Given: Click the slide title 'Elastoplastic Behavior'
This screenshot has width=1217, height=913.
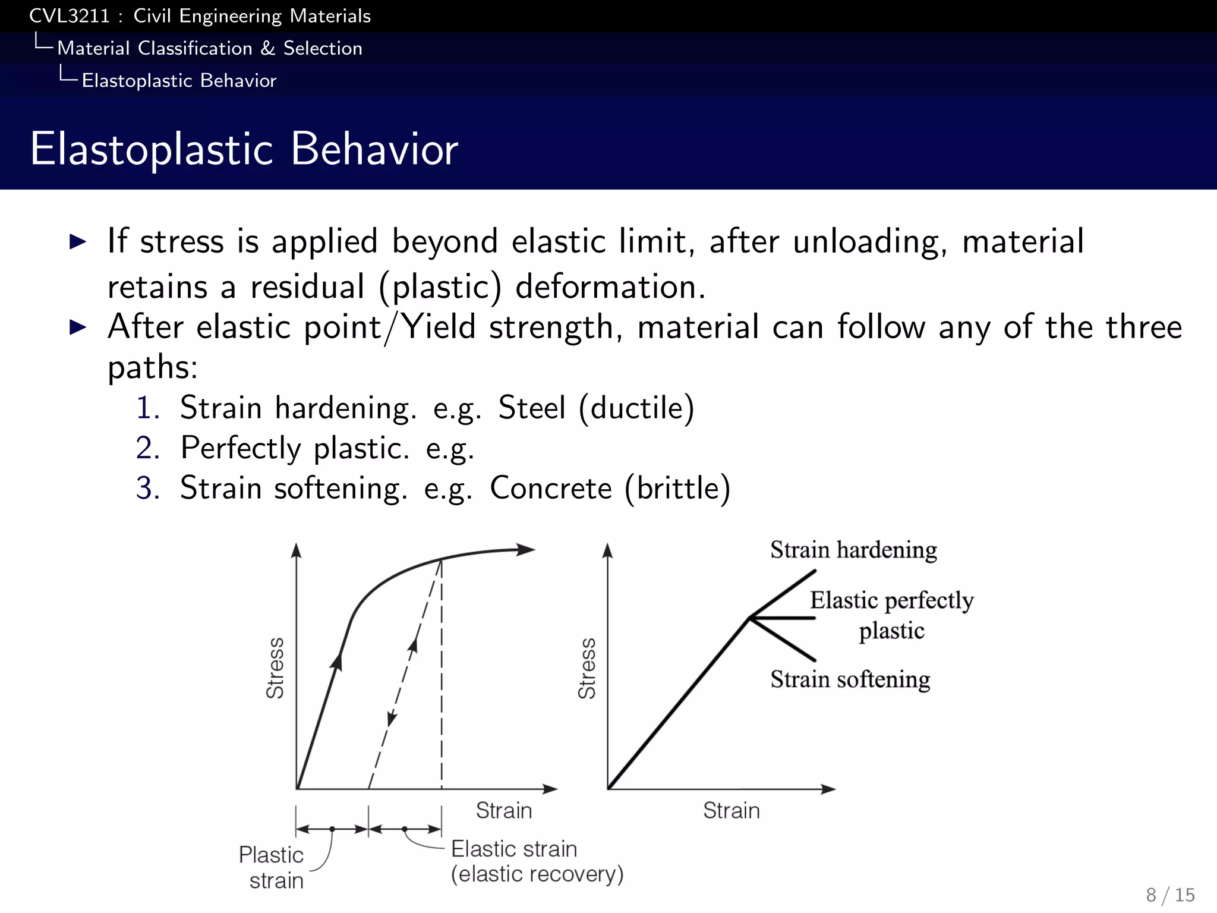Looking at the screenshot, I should (x=244, y=149).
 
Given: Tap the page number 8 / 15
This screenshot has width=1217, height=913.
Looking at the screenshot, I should (x=1170, y=895).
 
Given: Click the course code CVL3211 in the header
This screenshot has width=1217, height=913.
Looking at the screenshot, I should (x=70, y=16).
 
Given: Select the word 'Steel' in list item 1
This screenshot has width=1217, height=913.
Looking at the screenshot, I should (x=531, y=408).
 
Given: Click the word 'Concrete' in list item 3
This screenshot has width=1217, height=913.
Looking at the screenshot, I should (x=550, y=488).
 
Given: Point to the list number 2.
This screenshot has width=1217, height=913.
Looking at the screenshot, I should (x=147, y=448).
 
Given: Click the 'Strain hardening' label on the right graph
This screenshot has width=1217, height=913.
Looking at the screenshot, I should (x=853, y=550).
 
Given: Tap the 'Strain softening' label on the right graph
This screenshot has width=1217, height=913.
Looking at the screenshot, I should (x=850, y=679).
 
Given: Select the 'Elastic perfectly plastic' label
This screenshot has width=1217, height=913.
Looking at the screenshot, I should (x=891, y=615).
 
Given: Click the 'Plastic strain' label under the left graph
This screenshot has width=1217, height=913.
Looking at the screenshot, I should (x=272, y=867).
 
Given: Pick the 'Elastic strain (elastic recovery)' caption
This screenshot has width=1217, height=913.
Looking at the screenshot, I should (x=537, y=861).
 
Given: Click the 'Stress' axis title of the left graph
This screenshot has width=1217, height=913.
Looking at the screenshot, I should (x=275, y=668).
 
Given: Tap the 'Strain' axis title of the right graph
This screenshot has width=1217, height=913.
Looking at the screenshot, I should (x=731, y=810).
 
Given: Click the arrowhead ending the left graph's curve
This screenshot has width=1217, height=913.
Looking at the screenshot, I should (x=526, y=550).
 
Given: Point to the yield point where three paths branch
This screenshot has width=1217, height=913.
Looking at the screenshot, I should (x=750, y=618).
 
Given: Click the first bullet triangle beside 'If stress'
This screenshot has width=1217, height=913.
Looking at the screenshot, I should (x=78, y=241).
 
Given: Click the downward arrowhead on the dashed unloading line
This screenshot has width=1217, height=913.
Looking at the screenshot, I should (x=392, y=719).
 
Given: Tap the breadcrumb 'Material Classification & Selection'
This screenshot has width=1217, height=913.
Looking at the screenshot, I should (x=209, y=48).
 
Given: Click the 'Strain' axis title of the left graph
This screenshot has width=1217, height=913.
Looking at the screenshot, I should (x=503, y=810).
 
